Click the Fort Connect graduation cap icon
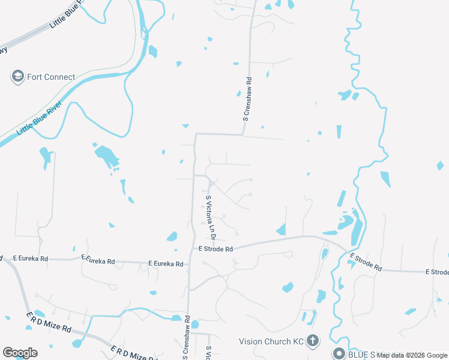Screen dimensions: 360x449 pyautogui.click(x=17, y=77)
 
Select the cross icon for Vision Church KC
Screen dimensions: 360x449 pyautogui.click(x=312, y=341)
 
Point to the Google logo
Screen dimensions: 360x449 pyautogui.click(x=20, y=353)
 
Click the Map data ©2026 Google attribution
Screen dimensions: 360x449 pyautogui.click(x=412, y=355)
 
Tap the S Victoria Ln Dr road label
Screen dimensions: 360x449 pyautogui.click(x=211, y=213)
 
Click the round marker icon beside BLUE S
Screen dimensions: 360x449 pyautogui.click(x=339, y=354)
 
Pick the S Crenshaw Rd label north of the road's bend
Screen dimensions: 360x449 pyautogui.click(x=246, y=99)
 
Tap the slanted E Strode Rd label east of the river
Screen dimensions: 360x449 pyautogui.click(x=366, y=263)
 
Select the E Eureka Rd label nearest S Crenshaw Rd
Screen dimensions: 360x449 pyautogui.click(x=166, y=263)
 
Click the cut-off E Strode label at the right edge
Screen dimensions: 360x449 pyautogui.click(x=437, y=272)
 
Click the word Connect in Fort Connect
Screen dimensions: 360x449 pyautogui.click(x=60, y=77)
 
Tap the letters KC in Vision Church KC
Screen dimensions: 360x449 pyautogui.click(x=298, y=341)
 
